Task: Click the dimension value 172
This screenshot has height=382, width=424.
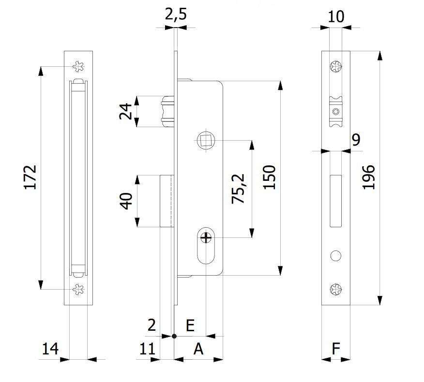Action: pyautogui.click(x=30, y=177)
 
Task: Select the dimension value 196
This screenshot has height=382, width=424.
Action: pyautogui.click(x=369, y=177)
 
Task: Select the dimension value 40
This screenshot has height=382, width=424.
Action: pyautogui.click(x=125, y=201)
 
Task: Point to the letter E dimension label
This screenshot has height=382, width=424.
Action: pyautogui.click(x=190, y=325)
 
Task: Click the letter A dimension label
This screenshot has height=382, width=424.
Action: pyautogui.click(x=198, y=348)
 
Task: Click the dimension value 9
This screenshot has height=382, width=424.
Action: pyautogui.click(x=356, y=140)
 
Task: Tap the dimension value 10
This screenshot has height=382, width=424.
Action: pyautogui.click(x=335, y=17)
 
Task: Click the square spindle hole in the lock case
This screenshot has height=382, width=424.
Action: pyautogui.click(x=204, y=141)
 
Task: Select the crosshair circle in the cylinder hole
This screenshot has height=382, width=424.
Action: pyautogui.click(x=206, y=237)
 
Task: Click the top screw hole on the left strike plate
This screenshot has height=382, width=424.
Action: pyautogui.click(x=77, y=66)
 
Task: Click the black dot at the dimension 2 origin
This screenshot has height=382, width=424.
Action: pyautogui.click(x=174, y=335)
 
